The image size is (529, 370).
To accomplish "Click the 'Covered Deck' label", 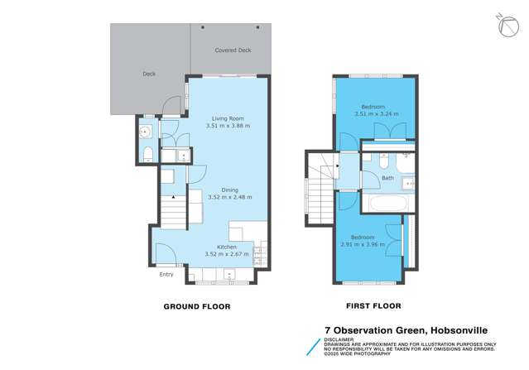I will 232,50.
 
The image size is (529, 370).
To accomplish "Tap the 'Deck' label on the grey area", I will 149,74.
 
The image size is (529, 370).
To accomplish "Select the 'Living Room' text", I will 227,118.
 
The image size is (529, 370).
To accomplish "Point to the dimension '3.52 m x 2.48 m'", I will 229,198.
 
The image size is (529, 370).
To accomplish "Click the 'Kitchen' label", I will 227,247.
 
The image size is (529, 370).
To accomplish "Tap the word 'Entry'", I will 166,274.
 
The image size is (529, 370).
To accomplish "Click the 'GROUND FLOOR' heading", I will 198,306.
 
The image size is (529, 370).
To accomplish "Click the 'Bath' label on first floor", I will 387,178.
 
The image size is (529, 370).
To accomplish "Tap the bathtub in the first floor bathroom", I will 385,203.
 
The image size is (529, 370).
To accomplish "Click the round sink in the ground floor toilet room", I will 146,131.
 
